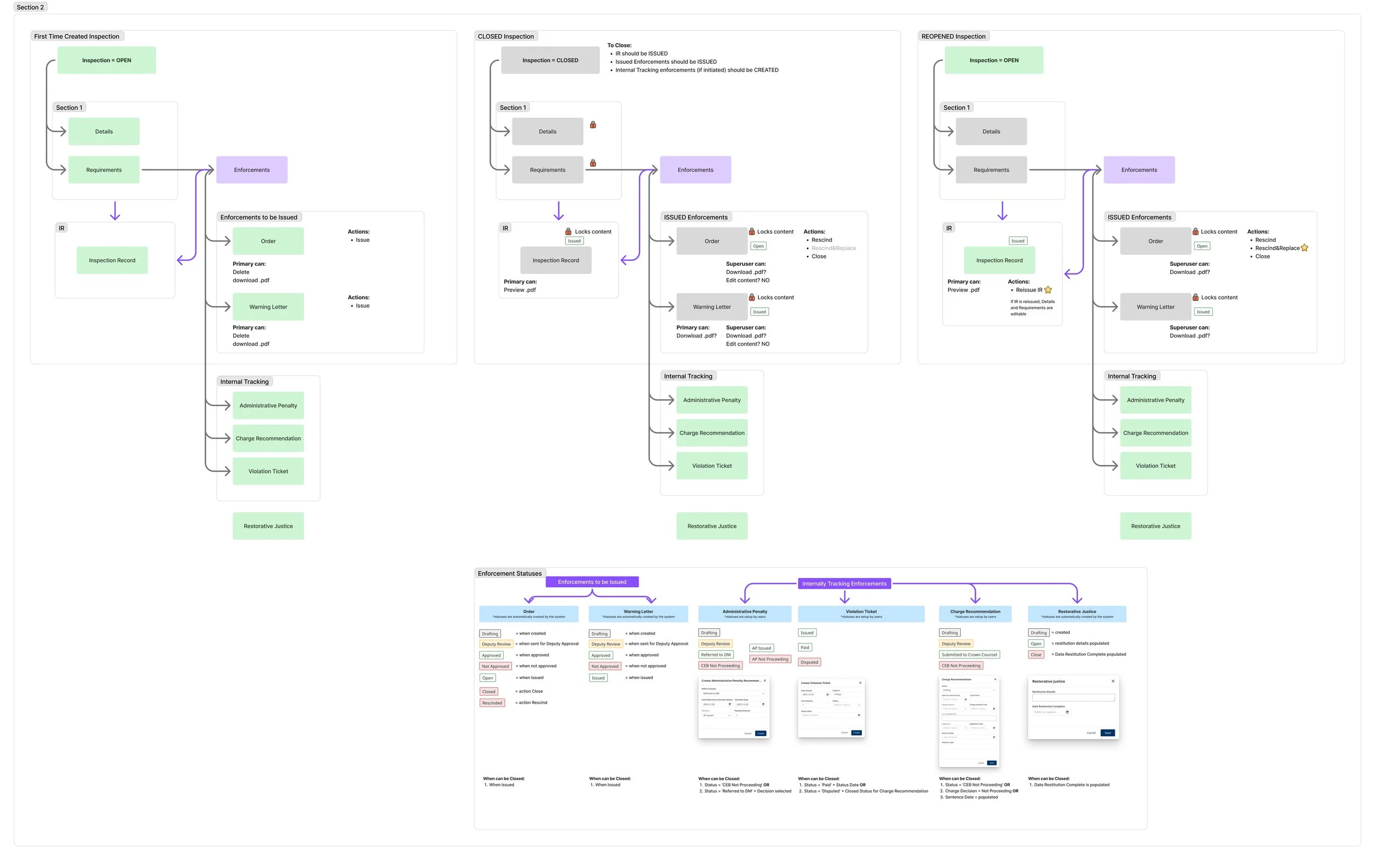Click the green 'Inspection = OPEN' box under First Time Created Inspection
[106, 61]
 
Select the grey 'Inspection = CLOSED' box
[549, 61]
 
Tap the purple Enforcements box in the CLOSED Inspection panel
[695, 170]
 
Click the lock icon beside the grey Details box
[593, 124]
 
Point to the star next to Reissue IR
[1048, 290]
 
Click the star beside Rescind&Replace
[1305, 248]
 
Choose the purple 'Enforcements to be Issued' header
[592, 582]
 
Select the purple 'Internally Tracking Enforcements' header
[844, 584]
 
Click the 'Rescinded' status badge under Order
[492, 703]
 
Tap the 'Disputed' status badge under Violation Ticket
[810, 662]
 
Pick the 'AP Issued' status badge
[761, 648]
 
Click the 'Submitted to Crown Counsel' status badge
[969, 655]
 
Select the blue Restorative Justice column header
[1076, 613]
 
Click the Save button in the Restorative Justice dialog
[1107, 732]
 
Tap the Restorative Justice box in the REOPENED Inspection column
[1155, 526]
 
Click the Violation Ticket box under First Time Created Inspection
[268, 472]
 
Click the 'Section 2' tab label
[30, 7]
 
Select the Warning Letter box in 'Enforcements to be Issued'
[268, 307]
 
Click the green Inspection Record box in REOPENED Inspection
[999, 260]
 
